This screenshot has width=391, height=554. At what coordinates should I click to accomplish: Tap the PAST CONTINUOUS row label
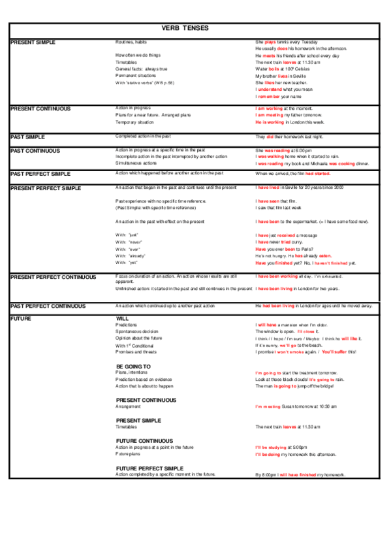click(35, 150)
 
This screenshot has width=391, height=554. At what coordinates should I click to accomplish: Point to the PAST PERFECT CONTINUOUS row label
click(48, 306)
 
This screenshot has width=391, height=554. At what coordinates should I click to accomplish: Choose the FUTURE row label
click(22, 318)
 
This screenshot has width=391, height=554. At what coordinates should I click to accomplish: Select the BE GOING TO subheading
click(134, 367)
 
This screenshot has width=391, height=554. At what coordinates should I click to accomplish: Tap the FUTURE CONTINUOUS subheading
click(144, 441)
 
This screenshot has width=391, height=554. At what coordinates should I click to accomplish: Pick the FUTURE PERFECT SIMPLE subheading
click(149, 468)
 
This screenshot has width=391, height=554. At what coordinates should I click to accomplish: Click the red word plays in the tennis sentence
click(270, 42)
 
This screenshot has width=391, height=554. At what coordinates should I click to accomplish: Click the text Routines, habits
click(131, 42)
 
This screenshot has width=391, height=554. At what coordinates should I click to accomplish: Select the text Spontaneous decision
click(136, 332)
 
